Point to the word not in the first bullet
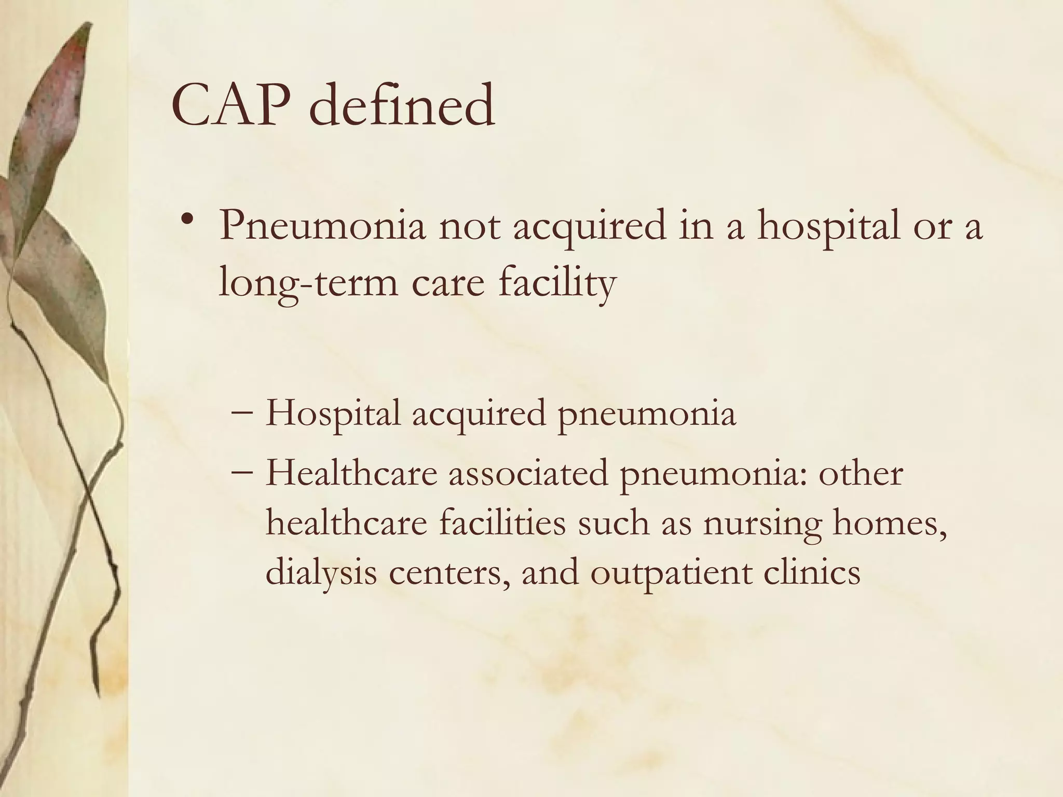pos(470,228)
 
